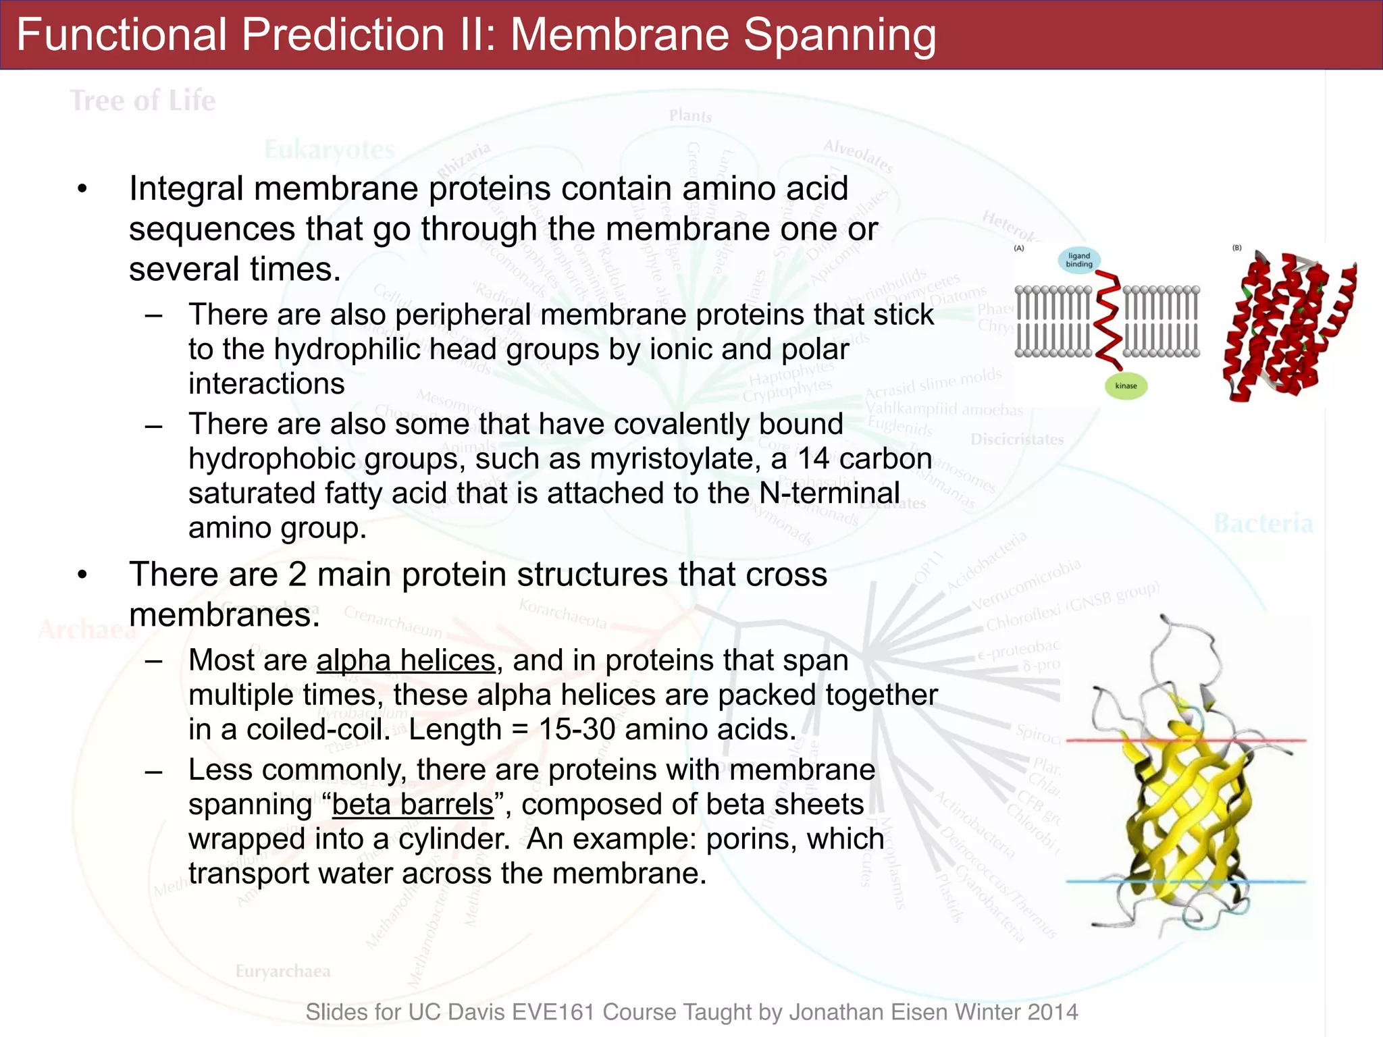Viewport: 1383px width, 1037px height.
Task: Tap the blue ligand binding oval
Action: click(x=1078, y=260)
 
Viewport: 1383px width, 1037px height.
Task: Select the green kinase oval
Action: click(x=1126, y=386)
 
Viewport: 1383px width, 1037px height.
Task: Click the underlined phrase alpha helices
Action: click(x=406, y=660)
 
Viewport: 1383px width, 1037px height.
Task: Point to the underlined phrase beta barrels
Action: click(x=413, y=805)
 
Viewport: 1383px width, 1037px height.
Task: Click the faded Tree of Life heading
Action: click(x=143, y=101)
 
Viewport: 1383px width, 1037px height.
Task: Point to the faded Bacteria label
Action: click(x=1263, y=524)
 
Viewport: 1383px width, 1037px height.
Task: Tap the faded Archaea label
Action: click(x=86, y=629)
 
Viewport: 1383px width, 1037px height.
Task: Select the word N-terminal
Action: click(x=829, y=494)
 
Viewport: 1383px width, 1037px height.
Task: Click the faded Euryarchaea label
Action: click(x=283, y=972)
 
